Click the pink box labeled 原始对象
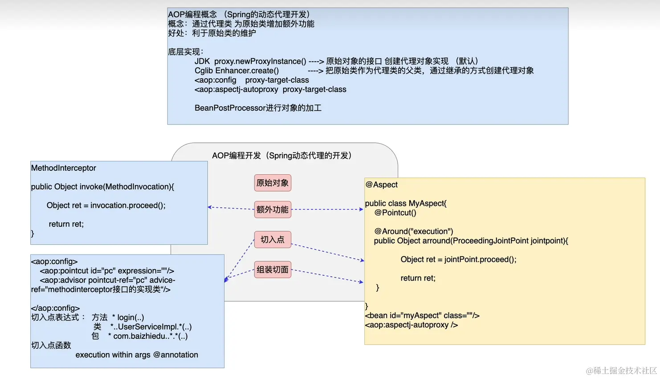click(x=273, y=183)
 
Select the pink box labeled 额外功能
click(x=273, y=209)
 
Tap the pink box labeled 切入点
click(x=273, y=240)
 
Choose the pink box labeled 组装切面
click(x=273, y=269)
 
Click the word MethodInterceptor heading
click(x=64, y=168)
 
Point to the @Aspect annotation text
click(x=382, y=185)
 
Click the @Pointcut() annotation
click(x=395, y=213)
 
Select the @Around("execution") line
click(x=414, y=231)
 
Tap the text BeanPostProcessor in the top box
click(x=230, y=108)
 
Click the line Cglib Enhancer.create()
click(x=236, y=71)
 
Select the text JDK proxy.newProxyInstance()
click(x=250, y=61)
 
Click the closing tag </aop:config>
click(x=55, y=308)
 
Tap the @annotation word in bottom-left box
click(x=175, y=355)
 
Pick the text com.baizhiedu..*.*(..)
click(x=151, y=336)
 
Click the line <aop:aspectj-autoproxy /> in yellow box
click(x=411, y=325)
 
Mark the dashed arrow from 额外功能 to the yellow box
click(x=327, y=209)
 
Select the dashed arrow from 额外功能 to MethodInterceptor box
click(x=231, y=208)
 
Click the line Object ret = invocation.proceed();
click(x=106, y=205)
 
